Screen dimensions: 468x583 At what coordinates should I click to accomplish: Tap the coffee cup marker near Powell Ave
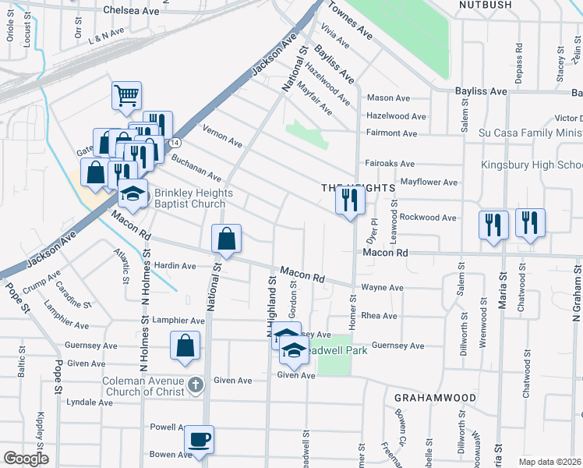(x=200, y=438)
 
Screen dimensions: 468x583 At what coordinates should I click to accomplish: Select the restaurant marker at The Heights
(x=350, y=200)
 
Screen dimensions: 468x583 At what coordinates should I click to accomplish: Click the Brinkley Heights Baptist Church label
(x=189, y=198)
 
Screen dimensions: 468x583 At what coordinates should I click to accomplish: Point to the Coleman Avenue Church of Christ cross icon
(x=196, y=385)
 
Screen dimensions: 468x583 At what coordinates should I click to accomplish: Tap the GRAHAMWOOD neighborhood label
(x=435, y=398)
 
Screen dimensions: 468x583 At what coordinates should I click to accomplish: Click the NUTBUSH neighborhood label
(x=486, y=5)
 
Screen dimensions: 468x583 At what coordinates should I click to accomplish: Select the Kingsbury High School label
(x=532, y=165)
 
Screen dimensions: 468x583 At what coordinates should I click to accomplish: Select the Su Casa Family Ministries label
(x=530, y=133)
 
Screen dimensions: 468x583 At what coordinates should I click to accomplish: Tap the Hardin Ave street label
(x=175, y=266)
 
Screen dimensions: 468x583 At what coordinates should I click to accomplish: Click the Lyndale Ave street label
(x=90, y=402)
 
